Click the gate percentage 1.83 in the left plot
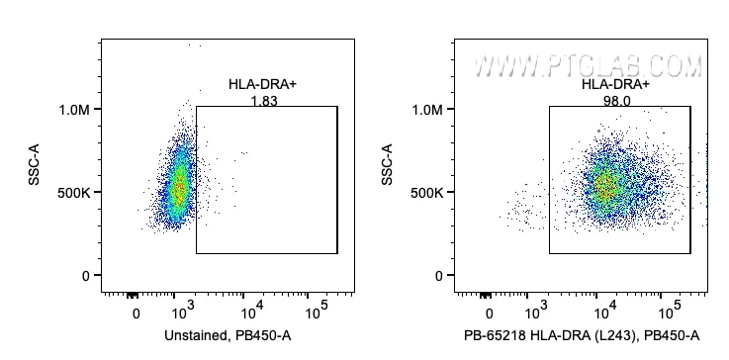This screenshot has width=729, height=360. [262, 101]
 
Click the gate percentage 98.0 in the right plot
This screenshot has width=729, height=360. [615, 101]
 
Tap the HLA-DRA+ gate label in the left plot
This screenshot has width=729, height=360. [262, 86]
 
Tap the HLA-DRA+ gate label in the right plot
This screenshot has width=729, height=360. [615, 86]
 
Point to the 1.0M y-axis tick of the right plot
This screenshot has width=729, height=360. [426, 109]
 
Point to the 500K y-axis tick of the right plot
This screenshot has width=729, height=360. [426, 192]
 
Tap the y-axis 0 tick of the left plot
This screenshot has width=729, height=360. [86, 276]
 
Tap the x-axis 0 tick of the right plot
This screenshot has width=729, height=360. [490, 314]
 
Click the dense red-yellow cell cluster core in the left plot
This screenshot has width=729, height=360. [178, 188]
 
